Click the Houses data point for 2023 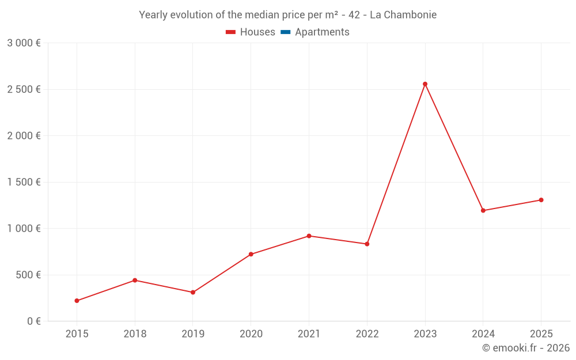click(x=425, y=84)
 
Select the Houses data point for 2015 click(x=77, y=301)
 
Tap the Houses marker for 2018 click(x=135, y=281)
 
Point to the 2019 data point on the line click(x=193, y=293)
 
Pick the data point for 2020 click(x=251, y=254)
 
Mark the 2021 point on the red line click(x=309, y=236)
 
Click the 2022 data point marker click(x=367, y=244)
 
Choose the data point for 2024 click(x=483, y=211)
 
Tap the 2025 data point click(x=541, y=200)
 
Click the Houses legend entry click(x=251, y=32)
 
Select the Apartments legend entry click(x=315, y=32)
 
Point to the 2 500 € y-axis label click(x=24, y=89)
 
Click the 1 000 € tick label click(x=24, y=229)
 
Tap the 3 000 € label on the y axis click(x=24, y=43)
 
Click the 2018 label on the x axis click(x=135, y=334)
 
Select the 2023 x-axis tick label click(x=425, y=334)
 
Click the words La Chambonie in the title click(x=403, y=14)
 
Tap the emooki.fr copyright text click(x=526, y=348)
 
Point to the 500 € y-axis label click(x=27, y=275)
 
